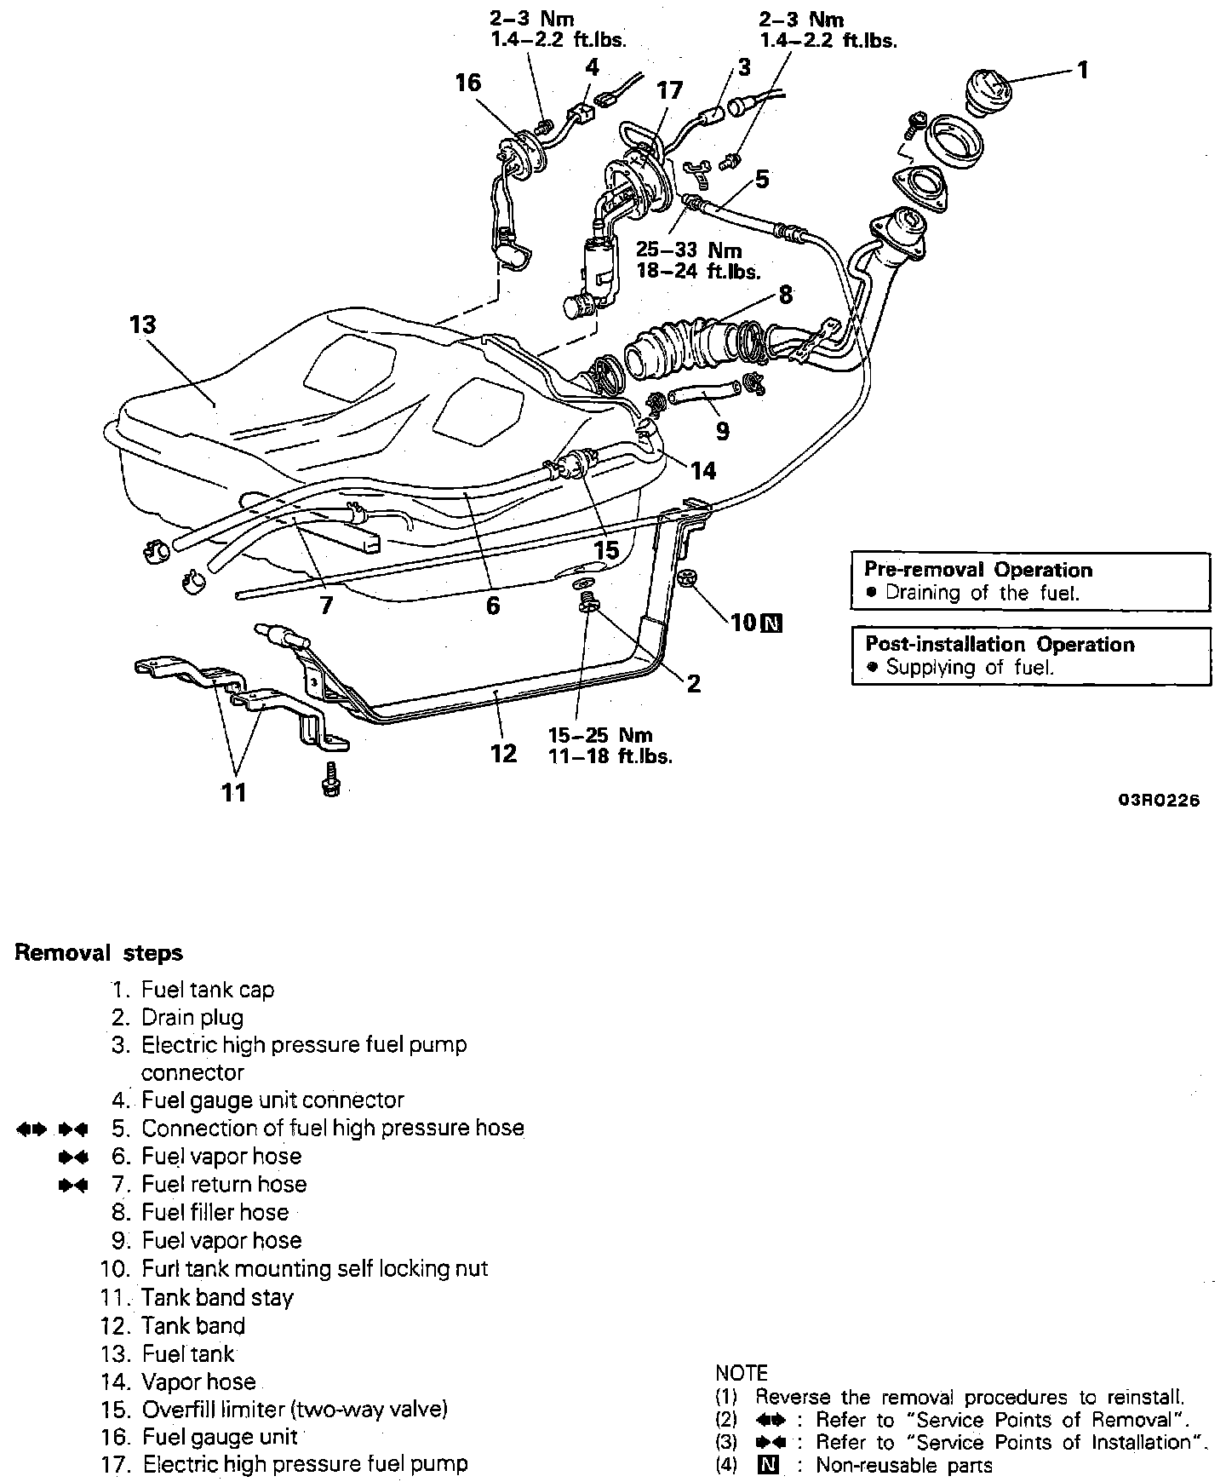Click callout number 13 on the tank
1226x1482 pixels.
pos(143,325)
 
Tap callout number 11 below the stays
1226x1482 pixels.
pos(233,793)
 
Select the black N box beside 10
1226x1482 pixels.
pos(772,623)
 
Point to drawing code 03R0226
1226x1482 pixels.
pos(1159,801)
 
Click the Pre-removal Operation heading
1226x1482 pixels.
pos(978,570)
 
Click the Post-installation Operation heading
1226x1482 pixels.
pos(1000,644)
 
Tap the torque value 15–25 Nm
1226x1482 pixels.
pos(600,735)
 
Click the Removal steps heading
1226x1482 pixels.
pos(99,953)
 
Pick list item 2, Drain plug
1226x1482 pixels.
pos(192,1018)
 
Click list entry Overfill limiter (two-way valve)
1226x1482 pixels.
pos(295,1410)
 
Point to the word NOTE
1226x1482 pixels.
pos(742,1373)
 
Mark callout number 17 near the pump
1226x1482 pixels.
pos(669,90)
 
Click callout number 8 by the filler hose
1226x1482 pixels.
pos(785,295)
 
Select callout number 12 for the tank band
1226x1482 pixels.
pos(504,753)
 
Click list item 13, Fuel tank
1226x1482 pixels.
pos(188,1353)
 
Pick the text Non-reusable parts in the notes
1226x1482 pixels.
pos(904,1465)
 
